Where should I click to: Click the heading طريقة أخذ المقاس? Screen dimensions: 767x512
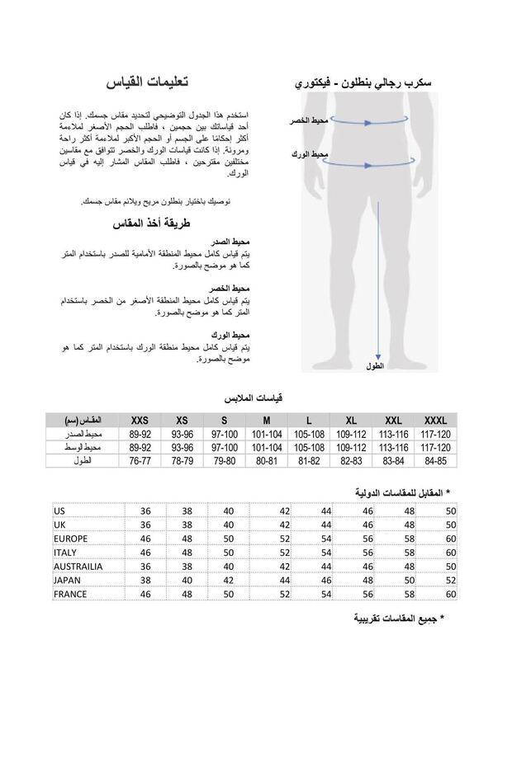coord(150,224)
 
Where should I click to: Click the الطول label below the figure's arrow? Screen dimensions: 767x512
coord(375,365)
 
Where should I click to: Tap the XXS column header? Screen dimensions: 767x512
coord(139,420)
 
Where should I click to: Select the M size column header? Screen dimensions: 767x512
coord(266,420)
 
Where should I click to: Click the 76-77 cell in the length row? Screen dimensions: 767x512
coord(139,461)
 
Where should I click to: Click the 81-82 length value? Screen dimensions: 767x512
coord(308,461)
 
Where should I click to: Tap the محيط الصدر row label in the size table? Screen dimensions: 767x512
coord(85,434)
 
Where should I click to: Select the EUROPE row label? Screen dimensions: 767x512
coord(71,539)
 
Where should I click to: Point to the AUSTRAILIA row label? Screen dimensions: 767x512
coord(78,567)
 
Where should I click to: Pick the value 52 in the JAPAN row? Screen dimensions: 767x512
coord(450,580)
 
